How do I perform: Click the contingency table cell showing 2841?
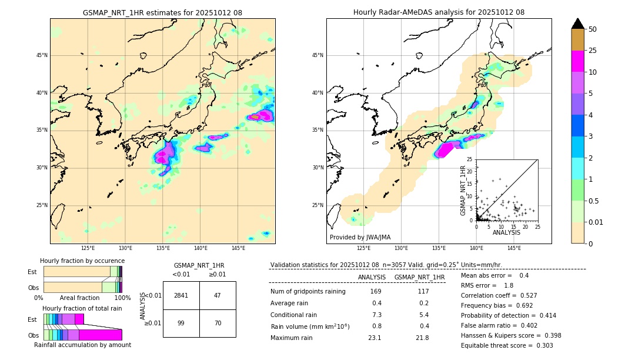181,295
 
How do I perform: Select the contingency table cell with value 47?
217,295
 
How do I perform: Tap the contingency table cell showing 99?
181,323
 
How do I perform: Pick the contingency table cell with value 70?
217,323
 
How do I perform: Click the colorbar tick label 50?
593,29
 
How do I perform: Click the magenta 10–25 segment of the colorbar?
577,62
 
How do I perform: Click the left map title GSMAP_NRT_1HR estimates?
162,12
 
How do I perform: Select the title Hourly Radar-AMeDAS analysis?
439,12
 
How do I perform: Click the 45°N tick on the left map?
42,55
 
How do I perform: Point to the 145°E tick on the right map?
514,248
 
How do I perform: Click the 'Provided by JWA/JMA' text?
360,237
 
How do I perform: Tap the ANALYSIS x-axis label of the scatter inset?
506,232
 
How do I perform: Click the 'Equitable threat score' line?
506,345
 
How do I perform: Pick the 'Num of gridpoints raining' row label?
308,291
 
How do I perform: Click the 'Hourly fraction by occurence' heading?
82,261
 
